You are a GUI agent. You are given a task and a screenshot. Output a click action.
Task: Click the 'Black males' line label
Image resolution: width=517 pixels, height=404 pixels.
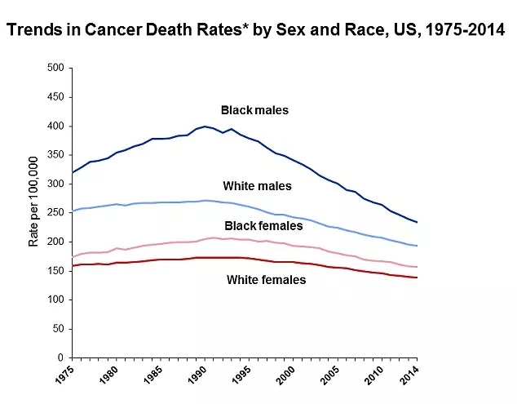tap(254, 109)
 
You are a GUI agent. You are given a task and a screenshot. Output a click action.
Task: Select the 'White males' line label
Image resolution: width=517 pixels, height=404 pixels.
tap(257, 186)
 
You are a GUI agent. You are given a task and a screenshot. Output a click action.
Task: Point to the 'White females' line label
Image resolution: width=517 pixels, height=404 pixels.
tap(266, 280)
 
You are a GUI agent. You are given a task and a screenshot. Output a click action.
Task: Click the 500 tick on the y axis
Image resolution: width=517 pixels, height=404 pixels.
tap(56, 68)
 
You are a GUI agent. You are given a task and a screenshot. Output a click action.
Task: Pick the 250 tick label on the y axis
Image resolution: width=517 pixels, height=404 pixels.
tap(56, 213)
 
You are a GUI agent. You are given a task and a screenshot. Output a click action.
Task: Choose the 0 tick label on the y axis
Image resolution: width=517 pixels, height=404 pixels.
tap(61, 357)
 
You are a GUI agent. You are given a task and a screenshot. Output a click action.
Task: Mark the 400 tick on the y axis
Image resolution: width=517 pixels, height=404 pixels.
tap(56, 126)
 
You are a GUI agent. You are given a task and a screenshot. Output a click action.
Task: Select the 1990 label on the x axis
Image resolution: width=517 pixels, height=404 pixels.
tap(195, 380)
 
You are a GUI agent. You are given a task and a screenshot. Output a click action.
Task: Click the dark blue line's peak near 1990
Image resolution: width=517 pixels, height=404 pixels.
tap(206, 127)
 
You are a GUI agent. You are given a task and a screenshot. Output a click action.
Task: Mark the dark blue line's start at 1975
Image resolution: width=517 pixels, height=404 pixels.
tap(73, 172)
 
